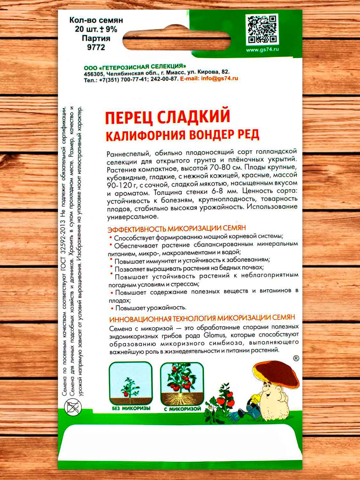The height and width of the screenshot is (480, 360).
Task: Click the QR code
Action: (262, 29)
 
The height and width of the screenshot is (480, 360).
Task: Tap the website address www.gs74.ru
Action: (262, 50)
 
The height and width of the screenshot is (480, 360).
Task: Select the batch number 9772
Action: (96, 47)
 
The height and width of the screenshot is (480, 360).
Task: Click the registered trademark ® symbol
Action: (296, 358)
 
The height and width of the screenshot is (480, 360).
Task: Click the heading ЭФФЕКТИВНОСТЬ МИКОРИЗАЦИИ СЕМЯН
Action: (177, 228)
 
